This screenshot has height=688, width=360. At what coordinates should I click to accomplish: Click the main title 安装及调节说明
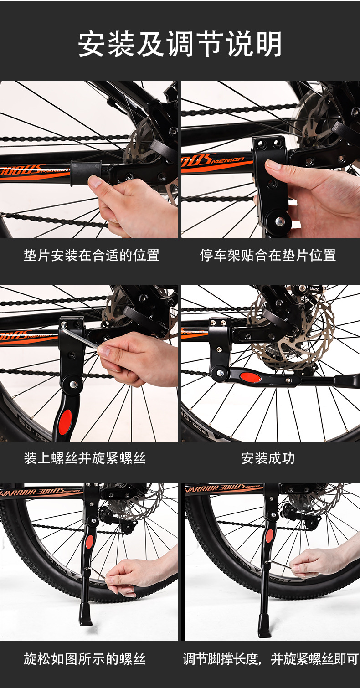pos(180,44)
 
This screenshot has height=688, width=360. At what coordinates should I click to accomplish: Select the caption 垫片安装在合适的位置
pos(92,255)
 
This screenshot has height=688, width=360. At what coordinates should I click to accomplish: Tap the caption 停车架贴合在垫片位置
pos(268,255)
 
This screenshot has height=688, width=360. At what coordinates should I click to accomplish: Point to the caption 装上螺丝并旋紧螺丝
pos(85,458)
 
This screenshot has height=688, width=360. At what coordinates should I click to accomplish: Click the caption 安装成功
pos(268,458)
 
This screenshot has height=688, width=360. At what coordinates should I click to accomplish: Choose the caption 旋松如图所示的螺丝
pos(85,659)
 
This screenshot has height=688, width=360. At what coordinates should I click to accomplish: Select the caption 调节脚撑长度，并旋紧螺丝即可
pos(271,659)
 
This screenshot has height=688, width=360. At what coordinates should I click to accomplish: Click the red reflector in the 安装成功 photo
pos(251,377)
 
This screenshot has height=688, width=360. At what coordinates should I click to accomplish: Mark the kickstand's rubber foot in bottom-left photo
pos(85,614)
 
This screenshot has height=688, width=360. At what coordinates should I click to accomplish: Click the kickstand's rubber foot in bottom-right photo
pos(264,626)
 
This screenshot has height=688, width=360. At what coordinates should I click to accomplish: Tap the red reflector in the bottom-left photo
pos(89,542)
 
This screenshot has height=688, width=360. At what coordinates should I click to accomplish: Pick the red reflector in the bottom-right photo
pos(270,536)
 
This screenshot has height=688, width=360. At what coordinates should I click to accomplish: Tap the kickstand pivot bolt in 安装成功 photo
pos(220,373)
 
